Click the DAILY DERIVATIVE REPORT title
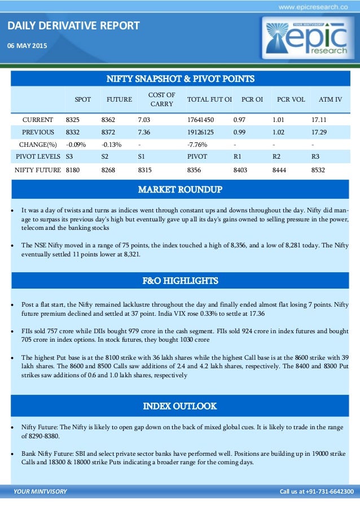(x=74, y=26)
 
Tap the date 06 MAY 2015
(x=27, y=45)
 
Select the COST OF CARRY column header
(x=161, y=99)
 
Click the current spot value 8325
(x=73, y=120)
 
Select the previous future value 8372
(x=108, y=131)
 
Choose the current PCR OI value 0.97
(x=240, y=120)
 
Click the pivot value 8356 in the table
(x=196, y=169)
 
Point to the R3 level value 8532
(x=318, y=169)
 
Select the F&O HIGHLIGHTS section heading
(x=180, y=281)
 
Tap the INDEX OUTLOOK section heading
(x=180, y=406)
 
